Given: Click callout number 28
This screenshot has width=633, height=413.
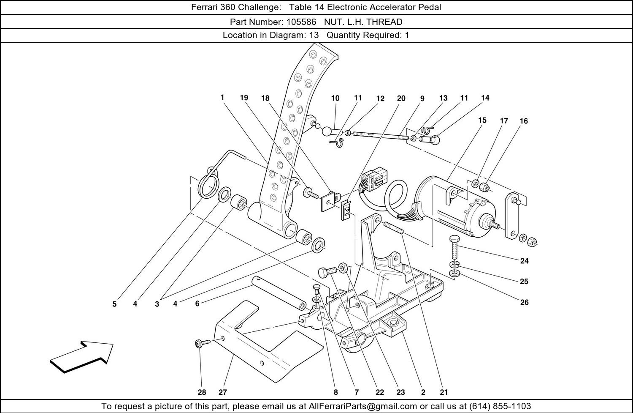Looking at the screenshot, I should (202, 392).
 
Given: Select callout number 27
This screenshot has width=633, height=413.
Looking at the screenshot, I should (223, 392).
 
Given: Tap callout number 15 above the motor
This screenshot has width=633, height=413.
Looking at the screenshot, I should (482, 120).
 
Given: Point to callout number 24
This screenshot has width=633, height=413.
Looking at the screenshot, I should (524, 261).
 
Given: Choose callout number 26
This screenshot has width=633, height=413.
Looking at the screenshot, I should (524, 302).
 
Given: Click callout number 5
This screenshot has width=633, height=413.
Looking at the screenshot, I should (114, 304).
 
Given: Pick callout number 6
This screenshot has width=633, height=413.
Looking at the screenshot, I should (197, 304).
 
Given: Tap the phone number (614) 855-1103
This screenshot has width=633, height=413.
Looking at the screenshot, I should (500, 406).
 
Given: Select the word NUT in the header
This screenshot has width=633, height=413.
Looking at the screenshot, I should (333, 22).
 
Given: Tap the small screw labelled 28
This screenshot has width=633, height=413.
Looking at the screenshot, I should (199, 344).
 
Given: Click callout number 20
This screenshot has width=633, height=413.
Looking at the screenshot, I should (401, 98).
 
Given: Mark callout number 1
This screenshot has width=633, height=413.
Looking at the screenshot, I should (222, 98).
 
